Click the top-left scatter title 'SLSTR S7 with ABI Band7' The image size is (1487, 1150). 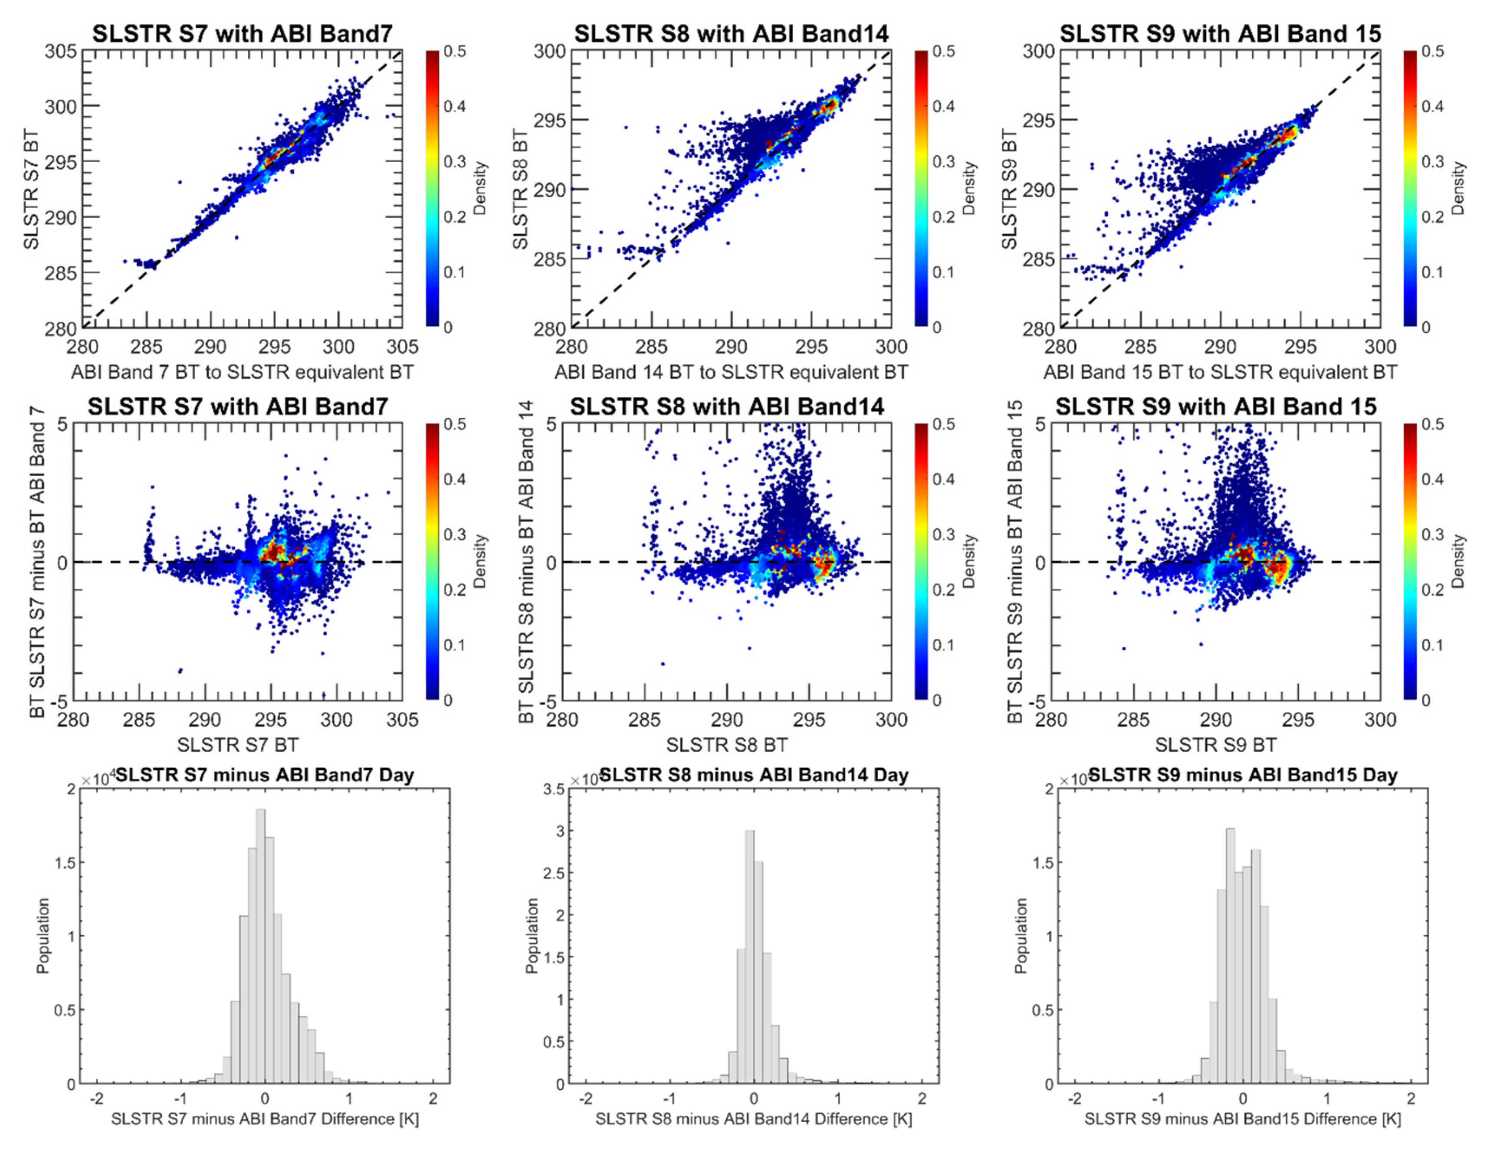[243, 33]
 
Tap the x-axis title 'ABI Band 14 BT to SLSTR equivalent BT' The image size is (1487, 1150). [731, 373]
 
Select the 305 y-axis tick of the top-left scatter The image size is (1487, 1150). [61, 51]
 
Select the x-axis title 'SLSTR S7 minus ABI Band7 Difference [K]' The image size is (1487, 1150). [265, 1119]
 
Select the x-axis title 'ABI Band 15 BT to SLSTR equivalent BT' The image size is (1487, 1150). [1220, 373]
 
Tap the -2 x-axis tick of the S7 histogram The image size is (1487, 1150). [97, 1099]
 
